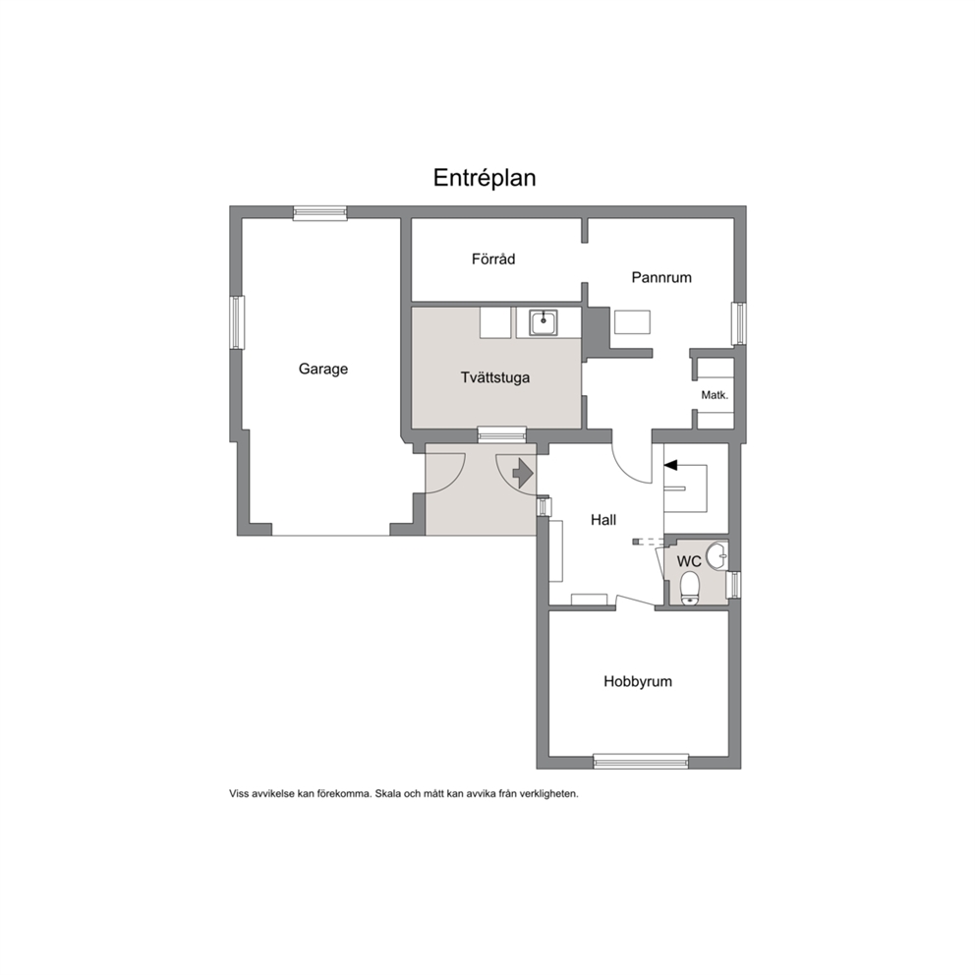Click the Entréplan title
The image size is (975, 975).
click(485, 179)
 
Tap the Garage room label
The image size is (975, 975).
click(322, 370)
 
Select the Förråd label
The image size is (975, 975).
click(493, 258)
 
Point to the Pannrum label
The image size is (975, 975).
click(661, 277)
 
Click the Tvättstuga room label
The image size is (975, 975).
click(495, 377)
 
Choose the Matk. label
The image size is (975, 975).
click(715, 395)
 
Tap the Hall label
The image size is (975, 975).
click(603, 520)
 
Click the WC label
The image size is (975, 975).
click(689, 561)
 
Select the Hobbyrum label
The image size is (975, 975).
click(637, 681)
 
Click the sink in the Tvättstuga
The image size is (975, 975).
click(543, 322)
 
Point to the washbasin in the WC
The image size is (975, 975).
click(719, 554)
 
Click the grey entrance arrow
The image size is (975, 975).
click(522, 473)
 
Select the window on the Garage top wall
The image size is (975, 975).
click(320, 212)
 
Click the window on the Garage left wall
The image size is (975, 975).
click(237, 322)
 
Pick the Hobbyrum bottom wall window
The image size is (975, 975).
click(641, 761)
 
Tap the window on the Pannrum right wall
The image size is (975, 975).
click(739, 322)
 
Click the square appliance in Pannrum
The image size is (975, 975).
click(632, 322)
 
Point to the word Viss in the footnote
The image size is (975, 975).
click(240, 793)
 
